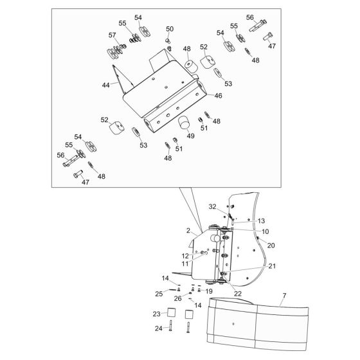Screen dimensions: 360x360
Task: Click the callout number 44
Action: [x=105, y=85]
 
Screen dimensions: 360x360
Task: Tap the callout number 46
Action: [x=218, y=96]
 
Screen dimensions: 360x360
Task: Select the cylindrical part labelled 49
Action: [x=184, y=123]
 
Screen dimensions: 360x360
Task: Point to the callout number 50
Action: [x=170, y=29]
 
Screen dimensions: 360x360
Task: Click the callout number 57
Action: [x=113, y=35]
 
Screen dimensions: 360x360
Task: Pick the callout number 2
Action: [x=188, y=231]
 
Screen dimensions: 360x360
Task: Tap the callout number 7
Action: [x=284, y=296]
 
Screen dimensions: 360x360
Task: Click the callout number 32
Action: [x=212, y=207]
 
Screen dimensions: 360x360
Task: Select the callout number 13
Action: [x=261, y=221]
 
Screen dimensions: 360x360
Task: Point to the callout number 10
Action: [x=265, y=231]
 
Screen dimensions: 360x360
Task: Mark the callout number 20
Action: [x=271, y=246]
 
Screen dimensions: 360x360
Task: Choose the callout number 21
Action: [x=272, y=266]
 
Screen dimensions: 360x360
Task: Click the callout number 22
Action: [x=238, y=294]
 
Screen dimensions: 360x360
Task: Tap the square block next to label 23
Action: [x=171, y=312]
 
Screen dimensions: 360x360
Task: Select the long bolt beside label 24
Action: [x=170, y=325]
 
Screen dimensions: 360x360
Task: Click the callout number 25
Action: [x=159, y=294]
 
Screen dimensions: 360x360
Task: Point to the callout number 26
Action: [x=177, y=298]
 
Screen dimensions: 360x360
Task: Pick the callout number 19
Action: [x=209, y=292]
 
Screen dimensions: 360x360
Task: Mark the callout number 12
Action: [x=185, y=256]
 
